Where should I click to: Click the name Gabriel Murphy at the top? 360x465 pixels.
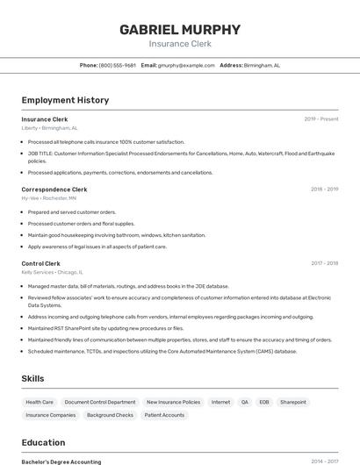(179, 29)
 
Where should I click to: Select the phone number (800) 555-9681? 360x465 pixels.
(117, 65)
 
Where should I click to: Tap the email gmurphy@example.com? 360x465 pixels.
(186, 65)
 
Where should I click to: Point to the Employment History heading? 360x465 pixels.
(65, 100)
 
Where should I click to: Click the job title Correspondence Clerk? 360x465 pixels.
(54, 189)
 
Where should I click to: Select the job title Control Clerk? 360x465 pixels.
(41, 263)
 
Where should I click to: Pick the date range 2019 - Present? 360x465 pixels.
(321, 119)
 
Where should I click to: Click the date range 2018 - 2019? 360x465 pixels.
(325, 189)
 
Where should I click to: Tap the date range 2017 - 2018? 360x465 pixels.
(325, 263)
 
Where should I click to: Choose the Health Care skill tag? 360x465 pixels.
(40, 402)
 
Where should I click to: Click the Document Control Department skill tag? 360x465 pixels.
(100, 402)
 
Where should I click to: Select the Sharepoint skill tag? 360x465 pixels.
(293, 402)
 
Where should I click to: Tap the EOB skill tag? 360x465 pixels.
(263, 402)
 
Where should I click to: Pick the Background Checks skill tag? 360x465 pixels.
(110, 415)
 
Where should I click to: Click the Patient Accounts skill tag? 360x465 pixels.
(165, 415)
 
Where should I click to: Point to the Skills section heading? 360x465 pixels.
(33, 378)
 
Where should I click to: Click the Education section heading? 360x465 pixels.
(44, 442)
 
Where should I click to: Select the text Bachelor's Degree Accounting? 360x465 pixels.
(61, 461)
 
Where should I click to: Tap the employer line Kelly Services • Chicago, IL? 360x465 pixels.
(54, 273)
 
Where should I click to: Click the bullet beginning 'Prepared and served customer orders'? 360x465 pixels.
(72, 211)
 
